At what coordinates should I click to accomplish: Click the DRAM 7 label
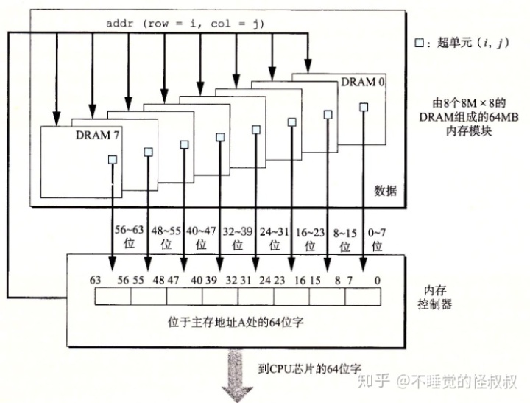click(x=96, y=136)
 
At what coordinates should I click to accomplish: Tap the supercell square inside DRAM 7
click(x=113, y=159)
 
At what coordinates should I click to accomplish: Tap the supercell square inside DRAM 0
click(x=363, y=107)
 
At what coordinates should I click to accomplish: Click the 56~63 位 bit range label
click(x=130, y=236)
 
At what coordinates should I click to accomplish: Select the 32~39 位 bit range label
click(x=237, y=236)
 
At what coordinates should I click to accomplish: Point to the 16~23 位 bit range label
click(x=308, y=236)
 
